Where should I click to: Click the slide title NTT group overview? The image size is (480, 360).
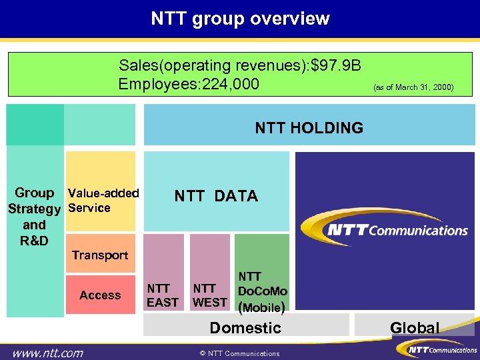[240, 18]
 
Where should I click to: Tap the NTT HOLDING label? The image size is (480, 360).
[309, 127]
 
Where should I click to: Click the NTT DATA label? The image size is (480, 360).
[216, 196]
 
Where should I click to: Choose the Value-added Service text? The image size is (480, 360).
[103, 200]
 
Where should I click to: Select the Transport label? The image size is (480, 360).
[100, 255]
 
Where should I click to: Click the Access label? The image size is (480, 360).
[100, 295]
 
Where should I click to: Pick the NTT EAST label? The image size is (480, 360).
[163, 295]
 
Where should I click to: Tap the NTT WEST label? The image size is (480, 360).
[209, 295]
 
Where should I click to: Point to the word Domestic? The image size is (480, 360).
[245, 327]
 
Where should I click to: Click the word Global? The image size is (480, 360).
[415, 327]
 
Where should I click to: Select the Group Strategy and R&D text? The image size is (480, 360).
[34, 216]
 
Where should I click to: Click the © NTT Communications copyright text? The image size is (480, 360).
[239, 353]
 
